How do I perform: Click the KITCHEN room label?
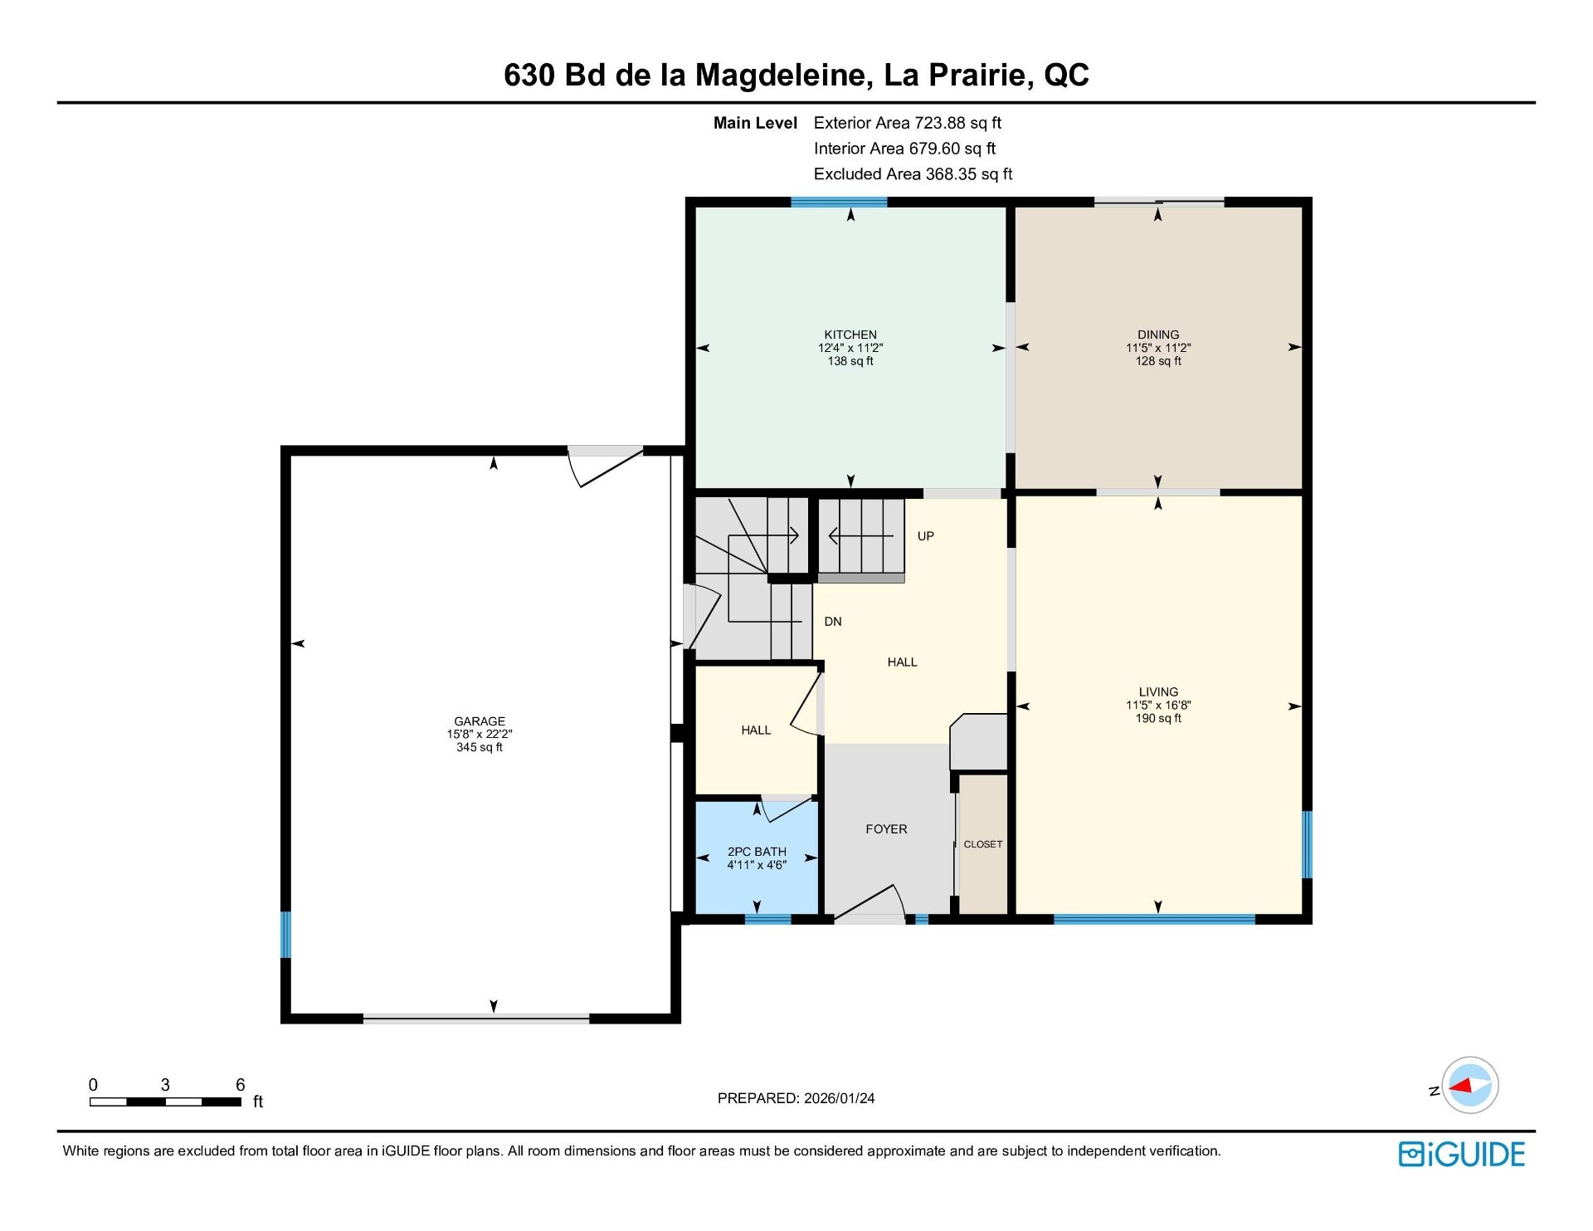coord(850,335)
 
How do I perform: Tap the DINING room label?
coord(1158,335)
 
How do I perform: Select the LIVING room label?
coord(1158,691)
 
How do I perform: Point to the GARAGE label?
coord(480,721)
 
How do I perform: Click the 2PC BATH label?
coord(757,852)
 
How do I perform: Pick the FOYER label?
coord(886,829)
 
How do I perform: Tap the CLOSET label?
coord(983,844)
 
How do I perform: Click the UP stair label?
coord(926,536)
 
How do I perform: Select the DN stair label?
coord(833,622)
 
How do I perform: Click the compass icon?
coord(1470,1085)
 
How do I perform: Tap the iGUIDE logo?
coord(1462,1155)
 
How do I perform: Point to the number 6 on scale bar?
coord(241,1084)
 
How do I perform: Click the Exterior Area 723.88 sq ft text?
coord(908,123)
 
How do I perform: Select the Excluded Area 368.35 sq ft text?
coord(913,174)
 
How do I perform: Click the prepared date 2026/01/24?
coord(839,1098)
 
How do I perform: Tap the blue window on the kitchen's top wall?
coord(839,202)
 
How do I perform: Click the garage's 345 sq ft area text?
coord(480,747)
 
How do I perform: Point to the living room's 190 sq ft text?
coord(1158,718)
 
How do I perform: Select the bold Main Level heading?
coord(755,123)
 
